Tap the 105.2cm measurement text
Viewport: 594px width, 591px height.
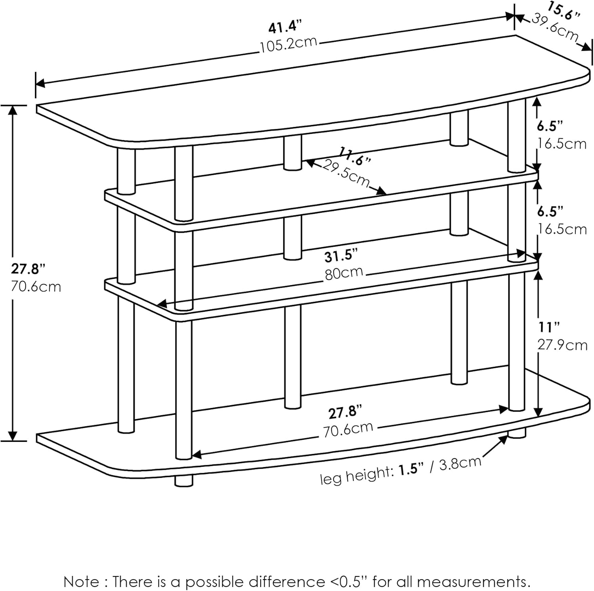pos(288,44)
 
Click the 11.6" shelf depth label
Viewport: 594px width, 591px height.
pos(355,156)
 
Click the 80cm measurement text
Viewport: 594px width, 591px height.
pos(344,273)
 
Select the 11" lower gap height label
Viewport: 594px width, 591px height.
pos(548,328)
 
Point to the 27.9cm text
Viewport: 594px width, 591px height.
pos(562,345)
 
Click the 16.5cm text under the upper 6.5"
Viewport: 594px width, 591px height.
pos(562,143)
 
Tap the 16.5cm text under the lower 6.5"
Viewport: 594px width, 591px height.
pos(562,229)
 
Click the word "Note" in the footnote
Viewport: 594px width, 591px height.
pos(81,582)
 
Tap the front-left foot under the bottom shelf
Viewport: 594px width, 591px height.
pos(184,480)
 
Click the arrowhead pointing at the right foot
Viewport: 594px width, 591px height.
pos(505,440)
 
